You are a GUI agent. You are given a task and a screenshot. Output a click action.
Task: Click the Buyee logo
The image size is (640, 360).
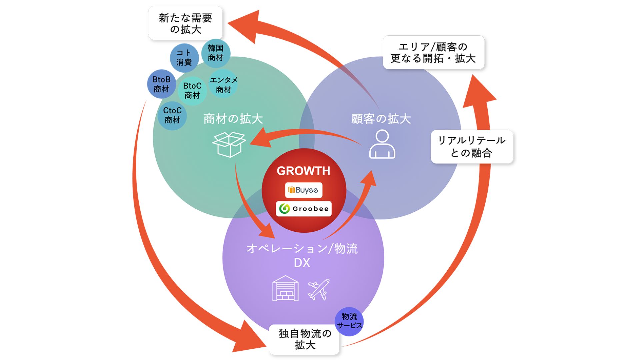(x=303, y=190)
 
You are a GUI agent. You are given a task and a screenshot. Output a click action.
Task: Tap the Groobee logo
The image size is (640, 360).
(x=304, y=209)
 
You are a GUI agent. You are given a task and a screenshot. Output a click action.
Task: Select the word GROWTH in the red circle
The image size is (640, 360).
(x=303, y=171)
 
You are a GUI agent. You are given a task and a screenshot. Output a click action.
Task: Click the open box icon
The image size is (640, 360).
(x=229, y=144)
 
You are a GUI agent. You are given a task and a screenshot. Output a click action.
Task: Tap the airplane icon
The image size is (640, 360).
(x=319, y=289)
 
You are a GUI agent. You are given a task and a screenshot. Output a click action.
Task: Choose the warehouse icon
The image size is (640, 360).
(x=285, y=288)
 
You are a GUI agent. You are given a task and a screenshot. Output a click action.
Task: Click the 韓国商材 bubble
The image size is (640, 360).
(x=216, y=53)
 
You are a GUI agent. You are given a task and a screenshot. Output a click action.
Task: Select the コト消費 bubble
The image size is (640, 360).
(x=184, y=58)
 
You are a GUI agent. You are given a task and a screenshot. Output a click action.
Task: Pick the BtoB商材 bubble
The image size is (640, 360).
(x=161, y=84)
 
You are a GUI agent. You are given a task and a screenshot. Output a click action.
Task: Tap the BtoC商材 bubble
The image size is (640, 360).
(x=192, y=90)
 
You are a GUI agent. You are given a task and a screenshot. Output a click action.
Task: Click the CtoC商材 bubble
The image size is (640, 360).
(x=172, y=115)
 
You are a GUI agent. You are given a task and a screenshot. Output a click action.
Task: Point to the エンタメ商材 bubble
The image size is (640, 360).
(x=223, y=85)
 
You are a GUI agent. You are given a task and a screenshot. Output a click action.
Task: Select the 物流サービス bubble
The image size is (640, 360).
(x=349, y=321)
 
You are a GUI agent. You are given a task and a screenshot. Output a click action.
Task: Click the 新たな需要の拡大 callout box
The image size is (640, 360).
(x=185, y=23)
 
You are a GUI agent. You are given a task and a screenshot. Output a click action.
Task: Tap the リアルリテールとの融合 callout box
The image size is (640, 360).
(x=471, y=147)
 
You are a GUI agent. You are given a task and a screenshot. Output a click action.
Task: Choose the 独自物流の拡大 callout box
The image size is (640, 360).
(x=304, y=339)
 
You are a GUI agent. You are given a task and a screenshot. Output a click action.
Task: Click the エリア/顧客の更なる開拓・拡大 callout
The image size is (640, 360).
(x=433, y=53)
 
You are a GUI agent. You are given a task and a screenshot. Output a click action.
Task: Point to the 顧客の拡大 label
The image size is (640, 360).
(x=381, y=119)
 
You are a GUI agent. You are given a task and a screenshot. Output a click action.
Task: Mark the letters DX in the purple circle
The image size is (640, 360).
(x=302, y=263)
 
